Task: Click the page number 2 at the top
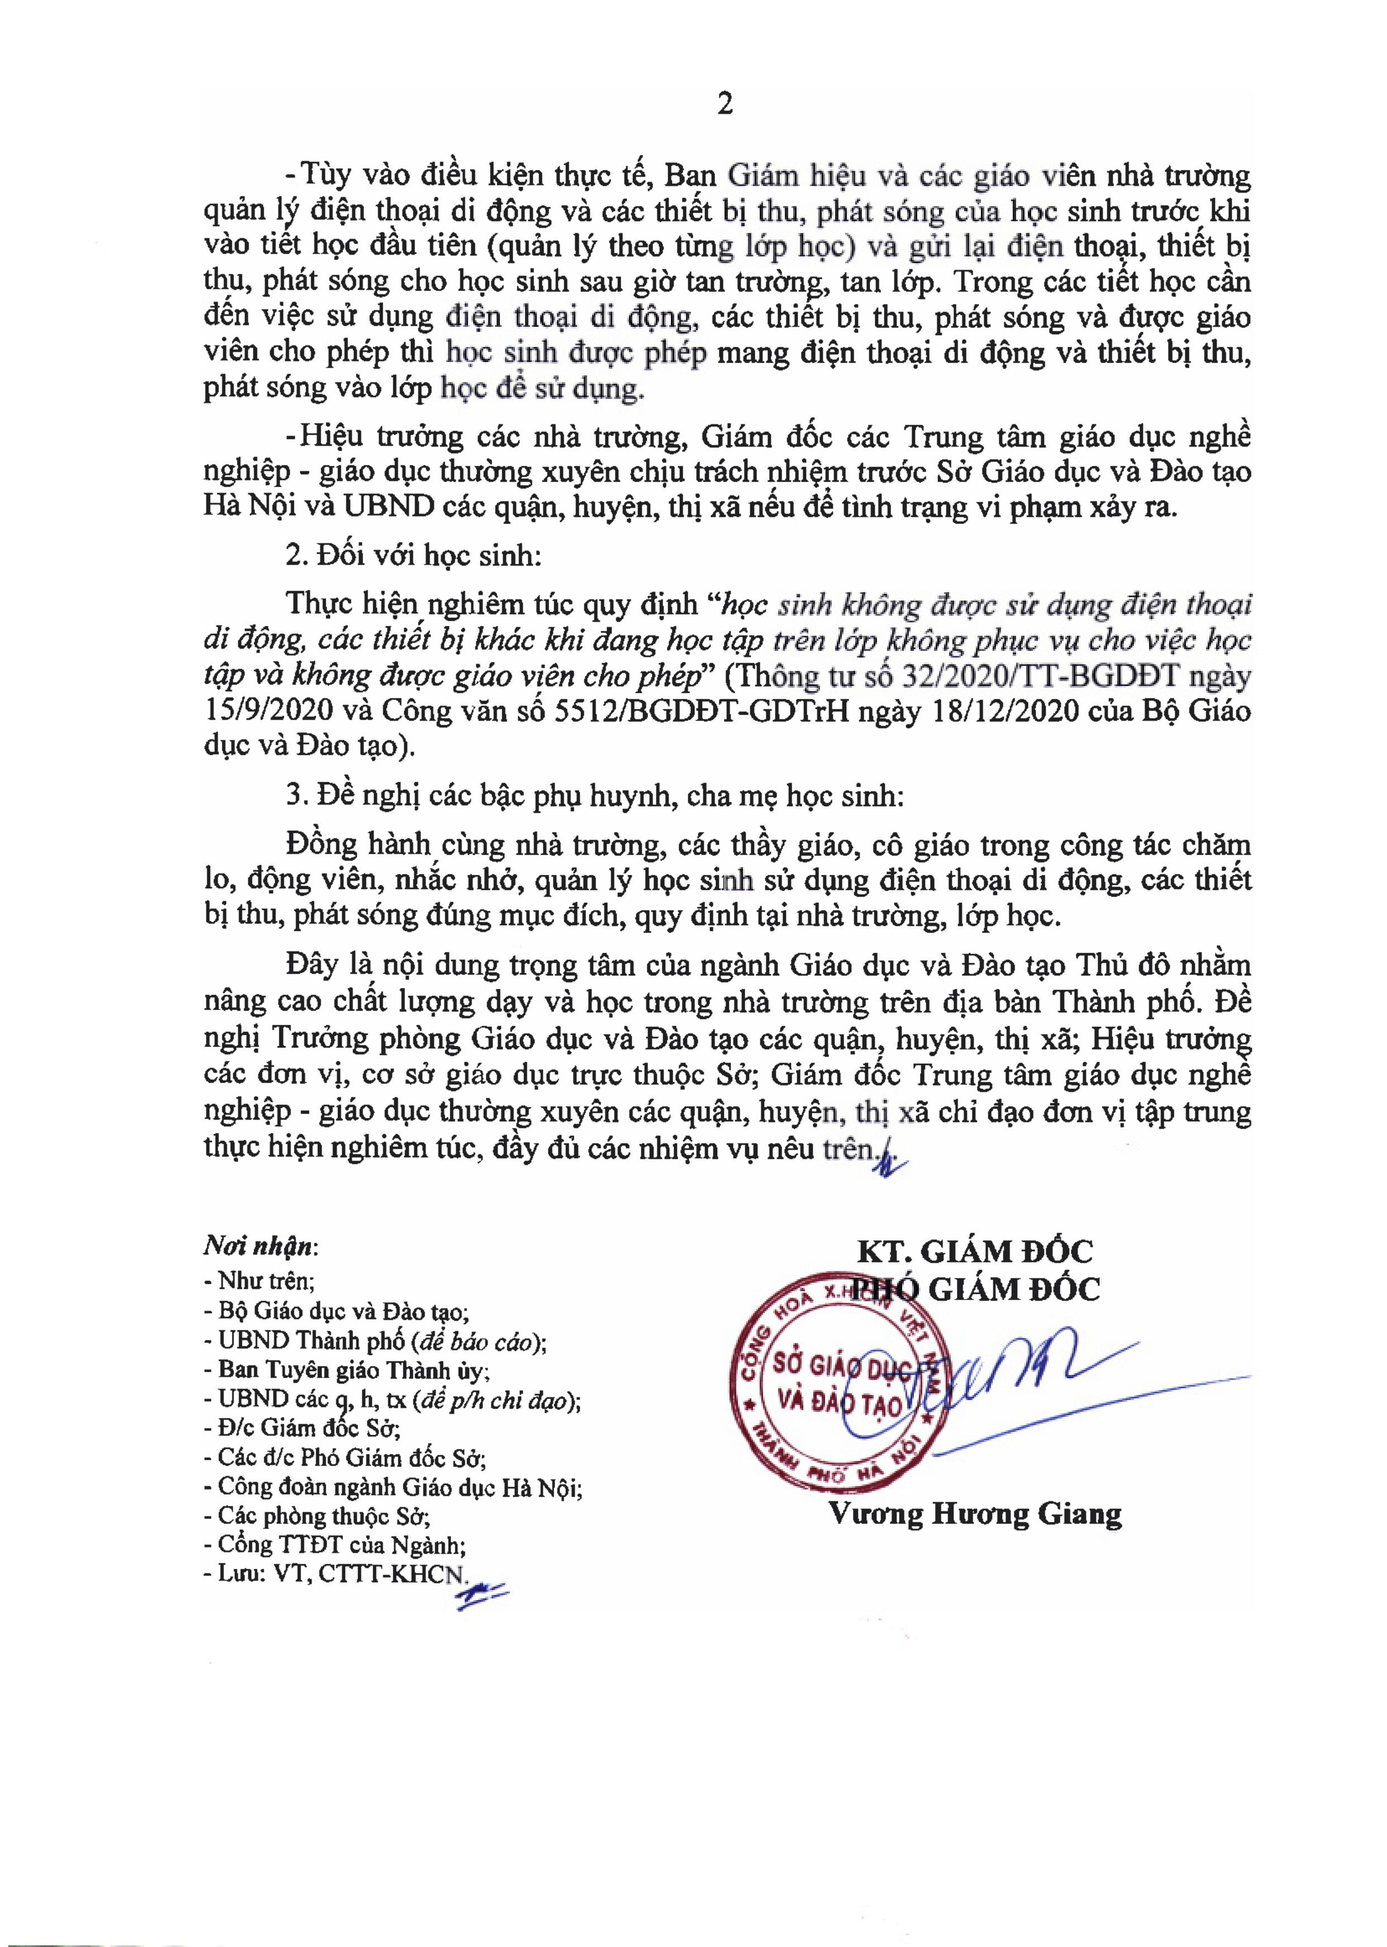coord(725,104)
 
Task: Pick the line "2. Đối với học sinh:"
coord(414,555)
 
